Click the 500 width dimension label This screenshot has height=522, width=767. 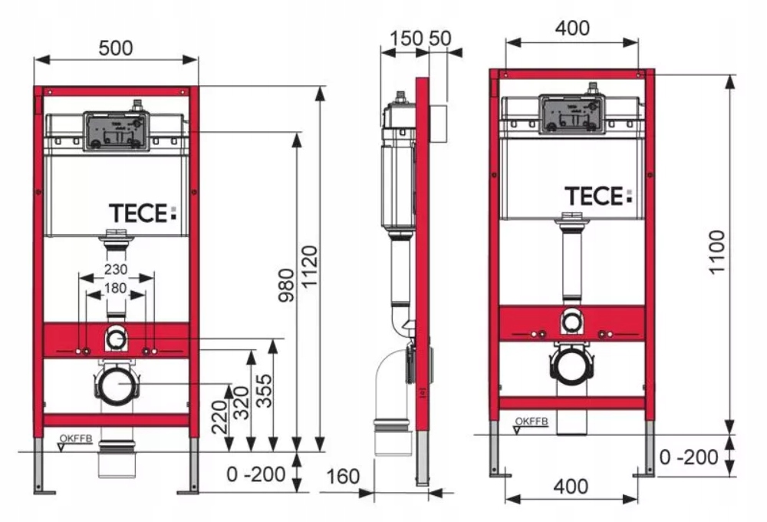coord(116,48)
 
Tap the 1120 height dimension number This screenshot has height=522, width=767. coord(310,266)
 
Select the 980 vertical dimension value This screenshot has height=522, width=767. coord(286,286)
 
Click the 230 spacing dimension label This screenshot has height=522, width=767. coord(116,271)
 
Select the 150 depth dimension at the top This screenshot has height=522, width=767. coord(405,38)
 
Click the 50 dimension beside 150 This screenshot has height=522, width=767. coord(440,38)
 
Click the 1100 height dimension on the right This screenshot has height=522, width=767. coord(717,253)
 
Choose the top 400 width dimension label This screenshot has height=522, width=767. coord(572,28)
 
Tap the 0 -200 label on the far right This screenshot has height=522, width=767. coord(689,458)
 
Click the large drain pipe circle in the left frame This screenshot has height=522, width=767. coord(117,383)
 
